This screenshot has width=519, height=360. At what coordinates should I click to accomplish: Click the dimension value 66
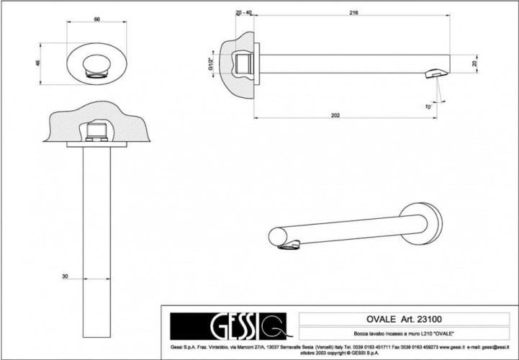click(96, 19)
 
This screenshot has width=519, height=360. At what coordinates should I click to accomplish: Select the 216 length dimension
click(353, 13)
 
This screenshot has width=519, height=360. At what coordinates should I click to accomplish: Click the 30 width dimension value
click(64, 276)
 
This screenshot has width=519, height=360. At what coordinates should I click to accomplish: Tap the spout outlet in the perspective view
click(287, 247)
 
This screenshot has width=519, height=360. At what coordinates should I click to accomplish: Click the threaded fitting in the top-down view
click(97, 132)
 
